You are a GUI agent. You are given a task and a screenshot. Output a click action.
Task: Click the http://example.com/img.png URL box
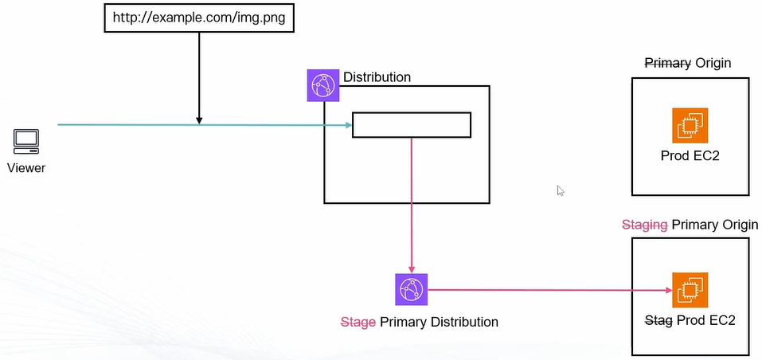199,17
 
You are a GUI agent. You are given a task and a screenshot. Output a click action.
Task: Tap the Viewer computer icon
26,142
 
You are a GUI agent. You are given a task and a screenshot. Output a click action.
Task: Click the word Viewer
26,168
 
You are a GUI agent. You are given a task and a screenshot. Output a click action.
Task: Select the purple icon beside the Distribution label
323,85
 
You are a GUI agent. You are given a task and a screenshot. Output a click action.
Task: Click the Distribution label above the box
377,77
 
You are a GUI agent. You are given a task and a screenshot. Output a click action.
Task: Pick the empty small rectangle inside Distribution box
412,125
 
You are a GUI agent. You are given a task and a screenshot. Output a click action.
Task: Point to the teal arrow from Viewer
127,125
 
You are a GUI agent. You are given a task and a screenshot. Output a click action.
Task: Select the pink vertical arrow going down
412,207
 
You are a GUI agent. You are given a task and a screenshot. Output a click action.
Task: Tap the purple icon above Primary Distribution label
412,290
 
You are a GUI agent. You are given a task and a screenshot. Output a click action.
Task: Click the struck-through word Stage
358,323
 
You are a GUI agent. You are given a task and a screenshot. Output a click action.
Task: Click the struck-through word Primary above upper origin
667,63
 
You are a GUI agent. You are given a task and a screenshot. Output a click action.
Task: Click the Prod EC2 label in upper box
690,156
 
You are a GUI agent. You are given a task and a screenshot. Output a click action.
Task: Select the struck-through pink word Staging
644,225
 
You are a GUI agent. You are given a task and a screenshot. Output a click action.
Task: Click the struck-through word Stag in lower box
658,320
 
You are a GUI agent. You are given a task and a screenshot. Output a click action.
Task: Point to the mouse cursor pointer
561,190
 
